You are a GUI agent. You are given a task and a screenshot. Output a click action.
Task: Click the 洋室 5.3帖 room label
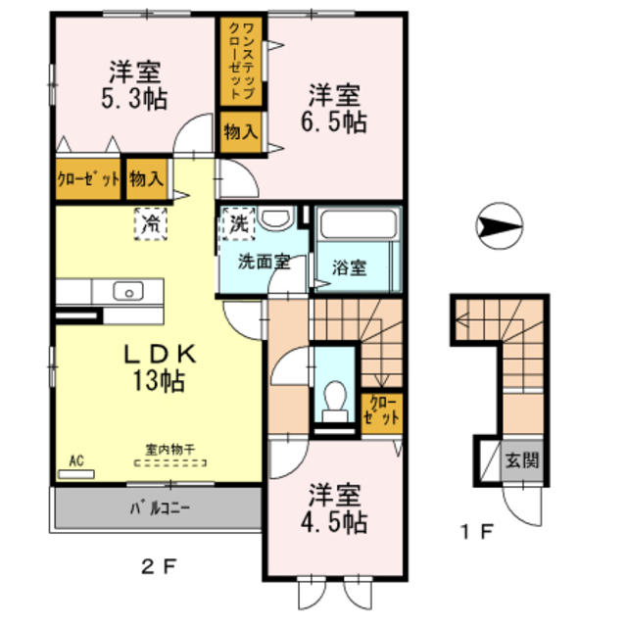click(135, 84)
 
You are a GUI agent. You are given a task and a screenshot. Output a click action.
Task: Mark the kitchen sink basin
click(127, 291)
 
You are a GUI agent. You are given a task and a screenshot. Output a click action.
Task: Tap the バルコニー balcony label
click(160, 509)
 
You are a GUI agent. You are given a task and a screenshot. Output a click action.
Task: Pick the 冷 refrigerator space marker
click(151, 223)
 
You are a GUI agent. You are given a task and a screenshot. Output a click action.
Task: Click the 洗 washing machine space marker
click(238, 222)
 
